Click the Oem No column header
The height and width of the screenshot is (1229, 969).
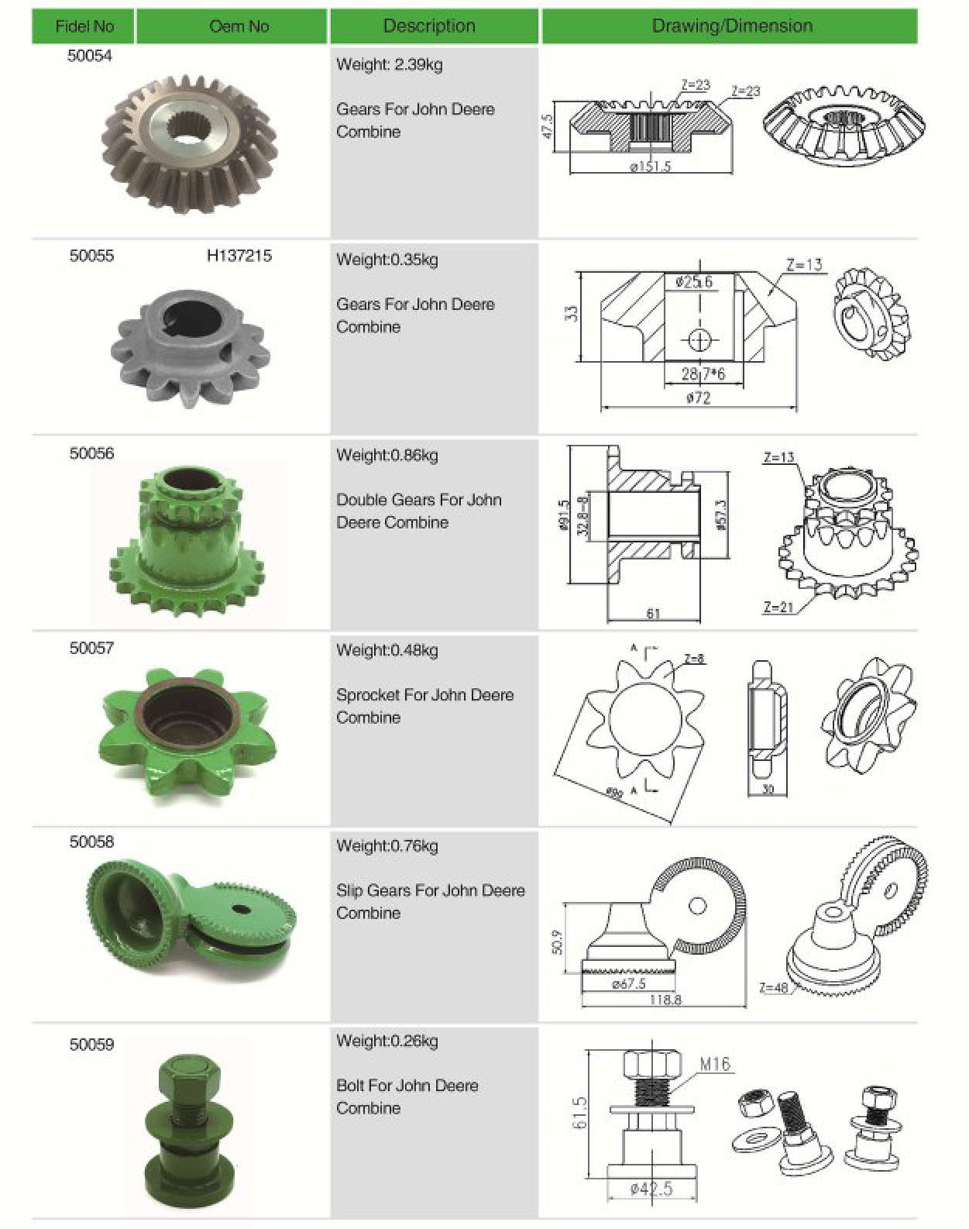[239, 26]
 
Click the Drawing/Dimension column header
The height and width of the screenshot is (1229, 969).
[731, 26]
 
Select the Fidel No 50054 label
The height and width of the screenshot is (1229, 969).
[89, 56]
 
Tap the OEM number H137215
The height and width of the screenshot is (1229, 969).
[239, 256]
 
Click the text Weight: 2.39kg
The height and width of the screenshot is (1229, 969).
[389, 64]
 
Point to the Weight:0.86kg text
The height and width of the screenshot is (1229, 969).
[387, 455]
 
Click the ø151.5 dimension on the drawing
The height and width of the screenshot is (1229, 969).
[650, 166]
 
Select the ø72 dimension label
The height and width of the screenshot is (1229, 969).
[698, 398]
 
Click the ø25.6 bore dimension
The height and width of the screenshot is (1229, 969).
[693, 282]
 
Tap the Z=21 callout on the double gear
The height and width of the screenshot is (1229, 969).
[778, 607]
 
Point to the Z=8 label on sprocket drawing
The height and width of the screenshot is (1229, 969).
[694, 659]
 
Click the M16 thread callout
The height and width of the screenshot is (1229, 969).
[714, 1064]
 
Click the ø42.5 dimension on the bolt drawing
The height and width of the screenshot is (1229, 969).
[651, 1189]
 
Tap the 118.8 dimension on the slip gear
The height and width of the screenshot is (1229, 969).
[665, 1000]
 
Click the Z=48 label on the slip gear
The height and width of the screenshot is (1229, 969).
[773, 987]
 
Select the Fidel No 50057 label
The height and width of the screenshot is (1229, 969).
[91, 648]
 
